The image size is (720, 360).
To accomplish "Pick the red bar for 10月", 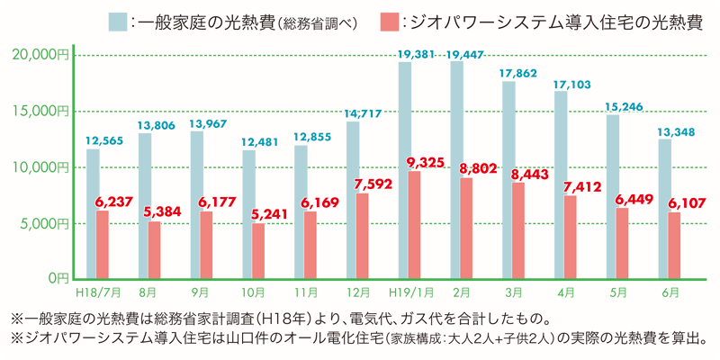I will click(259, 250).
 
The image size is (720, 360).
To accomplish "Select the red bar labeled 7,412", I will click(571, 237).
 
